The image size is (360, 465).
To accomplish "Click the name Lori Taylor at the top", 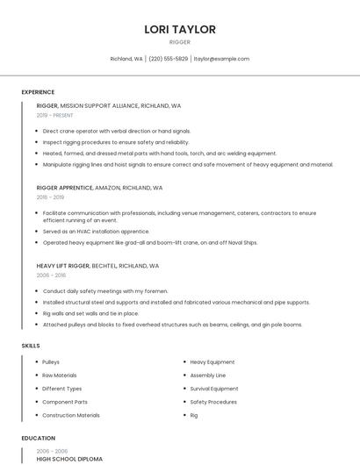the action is tap(180, 30).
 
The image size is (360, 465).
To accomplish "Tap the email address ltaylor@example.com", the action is tap(221, 59).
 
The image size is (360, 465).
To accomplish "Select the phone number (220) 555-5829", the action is tap(169, 59).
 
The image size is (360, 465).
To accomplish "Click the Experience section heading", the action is tap(38, 92).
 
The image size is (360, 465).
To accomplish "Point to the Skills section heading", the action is tap(31, 346).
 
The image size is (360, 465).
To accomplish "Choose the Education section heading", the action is tap(38, 438).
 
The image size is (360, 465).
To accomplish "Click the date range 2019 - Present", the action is tap(54, 115).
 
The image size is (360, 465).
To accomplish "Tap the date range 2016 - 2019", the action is tap(51, 197).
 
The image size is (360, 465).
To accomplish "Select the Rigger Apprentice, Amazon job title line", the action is tap(99, 188).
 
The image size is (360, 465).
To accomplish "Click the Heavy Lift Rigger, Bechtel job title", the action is tap(97, 265).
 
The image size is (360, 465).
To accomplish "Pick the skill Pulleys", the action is tap(51, 361).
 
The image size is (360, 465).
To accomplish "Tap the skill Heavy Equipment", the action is tap(212, 361).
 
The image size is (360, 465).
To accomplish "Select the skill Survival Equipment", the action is tap(214, 389).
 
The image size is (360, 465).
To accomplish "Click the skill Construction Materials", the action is tap(70, 415).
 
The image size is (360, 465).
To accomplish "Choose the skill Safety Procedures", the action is tap(213, 402).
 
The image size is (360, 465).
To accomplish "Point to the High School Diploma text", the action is tap(69, 459).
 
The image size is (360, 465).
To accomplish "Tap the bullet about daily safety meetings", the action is tap(104, 291).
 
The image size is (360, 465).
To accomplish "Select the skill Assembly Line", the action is tap(208, 376).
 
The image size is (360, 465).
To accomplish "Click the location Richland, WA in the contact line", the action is tap(126, 59).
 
